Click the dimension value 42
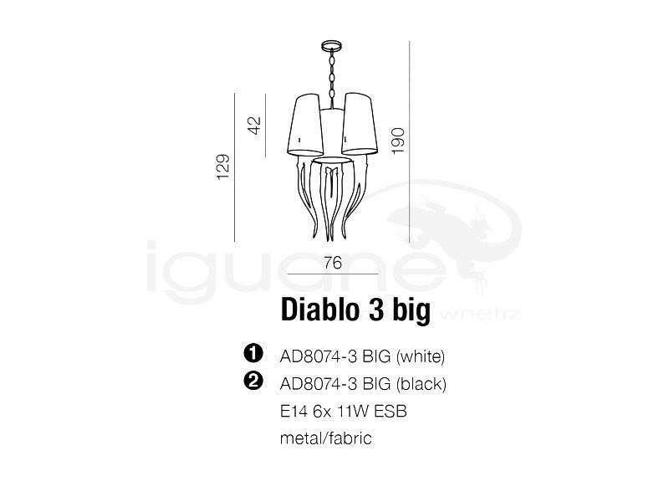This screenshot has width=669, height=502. click(x=255, y=125)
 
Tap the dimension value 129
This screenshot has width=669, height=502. click(x=223, y=166)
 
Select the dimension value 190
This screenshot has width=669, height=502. click(x=398, y=141)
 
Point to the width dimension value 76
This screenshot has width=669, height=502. click(x=333, y=263)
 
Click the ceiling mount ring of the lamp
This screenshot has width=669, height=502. click(x=331, y=45)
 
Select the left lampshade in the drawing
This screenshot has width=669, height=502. click(x=305, y=125)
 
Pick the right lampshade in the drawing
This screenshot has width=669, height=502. click(x=360, y=124)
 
